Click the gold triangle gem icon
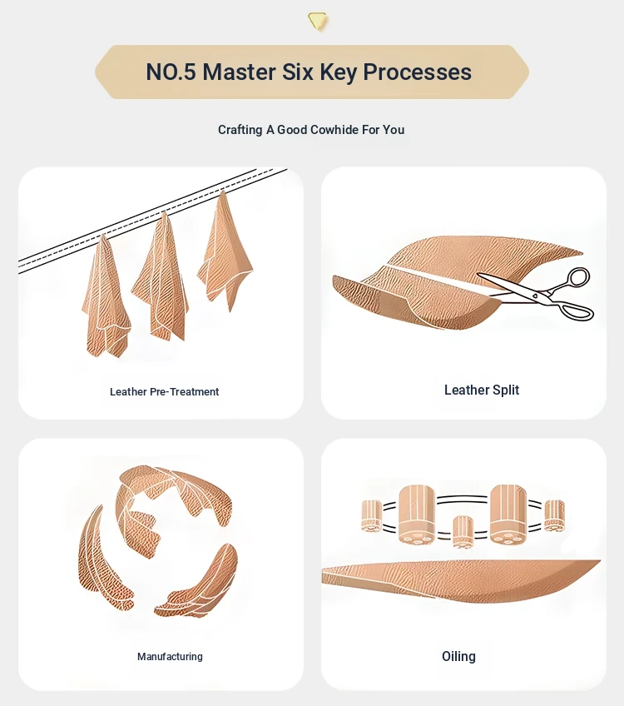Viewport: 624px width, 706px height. pyautogui.click(x=318, y=21)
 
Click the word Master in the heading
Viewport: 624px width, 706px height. pyautogui.click(x=239, y=72)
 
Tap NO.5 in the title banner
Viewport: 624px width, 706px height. pyautogui.click(x=171, y=72)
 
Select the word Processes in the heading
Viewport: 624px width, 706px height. pyautogui.click(x=417, y=72)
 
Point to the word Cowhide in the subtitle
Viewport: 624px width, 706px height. pyautogui.click(x=334, y=130)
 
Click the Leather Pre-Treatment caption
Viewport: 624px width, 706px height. pyautogui.click(x=164, y=392)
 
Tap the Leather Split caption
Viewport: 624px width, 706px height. pyautogui.click(x=482, y=390)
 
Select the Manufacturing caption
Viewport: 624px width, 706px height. pyautogui.click(x=170, y=657)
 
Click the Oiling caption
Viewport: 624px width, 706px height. pyautogui.click(x=458, y=657)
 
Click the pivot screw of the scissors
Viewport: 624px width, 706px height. pyautogui.click(x=535, y=296)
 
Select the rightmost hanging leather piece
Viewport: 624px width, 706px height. pyautogui.click(x=224, y=252)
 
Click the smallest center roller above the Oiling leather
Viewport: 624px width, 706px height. pyautogui.click(x=463, y=532)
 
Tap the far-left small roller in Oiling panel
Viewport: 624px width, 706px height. pyautogui.click(x=372, y=515)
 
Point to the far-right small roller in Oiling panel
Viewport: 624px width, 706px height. pyautogui.click(x=554, y=515)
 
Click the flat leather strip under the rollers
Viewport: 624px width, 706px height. pyautogui.click(x=459, y=580)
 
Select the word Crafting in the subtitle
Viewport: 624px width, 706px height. pyautogui.click(x=240, y=130)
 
